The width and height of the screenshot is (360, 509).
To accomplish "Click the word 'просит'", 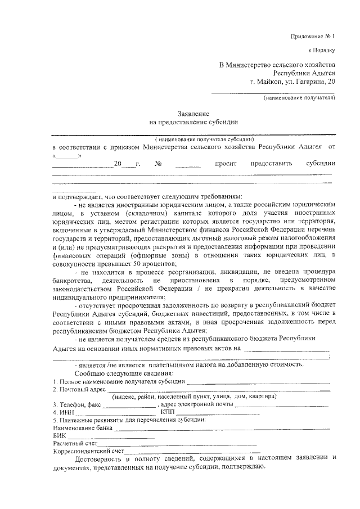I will click(223, 164).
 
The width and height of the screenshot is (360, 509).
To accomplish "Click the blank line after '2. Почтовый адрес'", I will click(219, 389).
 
